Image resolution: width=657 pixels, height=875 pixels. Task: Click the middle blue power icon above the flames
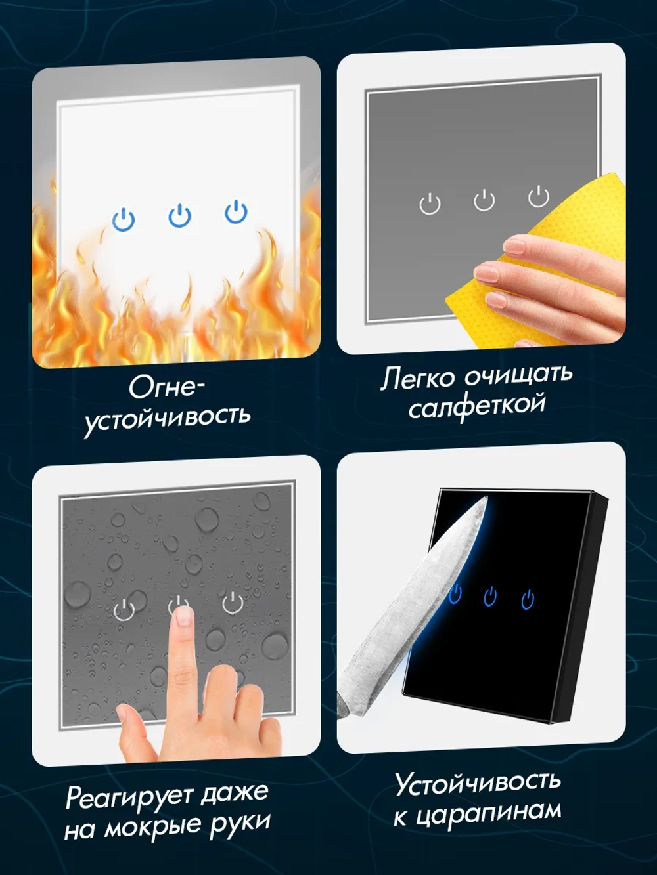click(x=179, y=216)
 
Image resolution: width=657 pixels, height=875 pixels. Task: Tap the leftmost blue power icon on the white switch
click(x=124, y=219)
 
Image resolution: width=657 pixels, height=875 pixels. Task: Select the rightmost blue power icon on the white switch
click(x=236, y=212)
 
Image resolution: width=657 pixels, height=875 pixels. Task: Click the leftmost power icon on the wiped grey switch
click(x=430, y=203)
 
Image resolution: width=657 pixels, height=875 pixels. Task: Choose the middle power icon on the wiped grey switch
click(x=484, y=200)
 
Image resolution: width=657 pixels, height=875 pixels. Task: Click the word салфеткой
click(x=477, y=406)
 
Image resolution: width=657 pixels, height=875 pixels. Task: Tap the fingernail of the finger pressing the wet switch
click(x=185, y=615)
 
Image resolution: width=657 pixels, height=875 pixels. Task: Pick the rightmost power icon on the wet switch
click(x=233, y=602)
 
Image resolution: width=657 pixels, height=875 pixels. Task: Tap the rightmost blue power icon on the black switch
click(x=528, y=599)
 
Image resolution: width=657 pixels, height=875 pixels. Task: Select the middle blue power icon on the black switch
click(x=490, y=597)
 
